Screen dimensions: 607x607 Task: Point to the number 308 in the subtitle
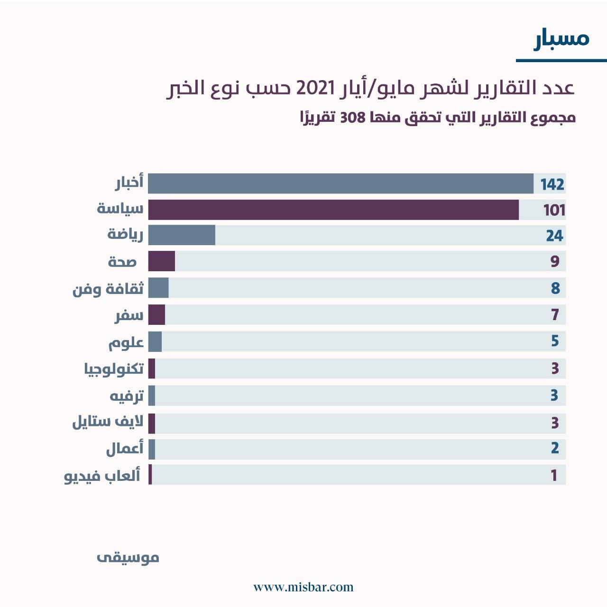click(352, 118)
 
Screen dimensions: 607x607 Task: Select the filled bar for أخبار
click(340, 184)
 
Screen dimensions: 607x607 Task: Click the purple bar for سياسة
click(333, 210)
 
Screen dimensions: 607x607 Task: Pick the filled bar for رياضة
click(182, 235)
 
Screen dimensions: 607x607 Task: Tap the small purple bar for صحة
click(162, 261)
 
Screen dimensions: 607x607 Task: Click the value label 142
click(552, 184)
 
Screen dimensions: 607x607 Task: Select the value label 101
click(554, 210)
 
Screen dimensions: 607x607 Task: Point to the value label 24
click(554, 236)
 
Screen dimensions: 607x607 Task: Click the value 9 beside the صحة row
click(555, 261)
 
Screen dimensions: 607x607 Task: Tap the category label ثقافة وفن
click(108, 289)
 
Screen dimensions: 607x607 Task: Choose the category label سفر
click(129, 315)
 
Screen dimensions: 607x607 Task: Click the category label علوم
click(126, 342)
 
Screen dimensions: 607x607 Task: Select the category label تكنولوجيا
click(113, 369)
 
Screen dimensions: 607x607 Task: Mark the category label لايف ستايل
click(108, 422)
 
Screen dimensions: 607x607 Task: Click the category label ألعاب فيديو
click(102, 476)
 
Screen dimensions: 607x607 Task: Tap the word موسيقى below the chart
click(128, 558)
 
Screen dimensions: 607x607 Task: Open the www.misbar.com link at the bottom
click(303, 588)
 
